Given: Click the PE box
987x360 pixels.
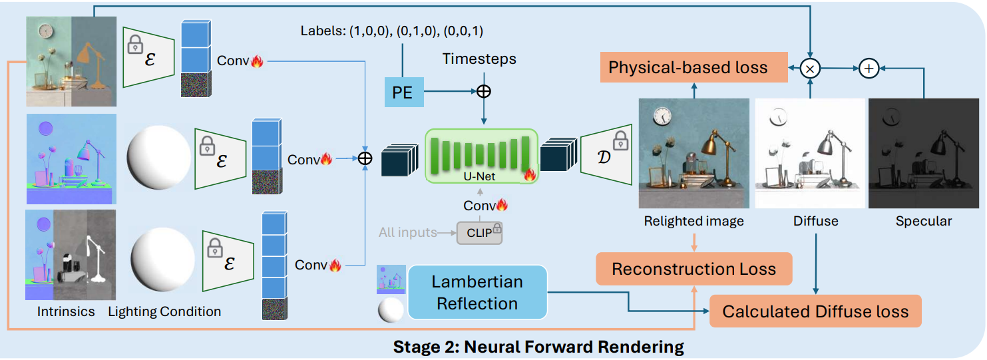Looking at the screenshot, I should coord(403,92).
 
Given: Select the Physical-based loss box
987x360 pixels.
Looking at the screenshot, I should coord(688,67).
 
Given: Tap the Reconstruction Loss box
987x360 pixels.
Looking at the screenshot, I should coord(693,269).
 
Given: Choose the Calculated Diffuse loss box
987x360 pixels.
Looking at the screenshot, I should coord(815,311).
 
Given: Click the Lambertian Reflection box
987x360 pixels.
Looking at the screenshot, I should coord(477,293).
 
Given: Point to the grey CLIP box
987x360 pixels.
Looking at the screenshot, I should coord(479,232).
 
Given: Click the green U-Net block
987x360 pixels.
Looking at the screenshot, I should coord(481,156).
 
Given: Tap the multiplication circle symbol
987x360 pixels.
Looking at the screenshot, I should coord(810,67).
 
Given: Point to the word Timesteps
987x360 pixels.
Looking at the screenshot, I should coord(479,60).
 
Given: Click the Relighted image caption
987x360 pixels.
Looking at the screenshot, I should coord(693,222).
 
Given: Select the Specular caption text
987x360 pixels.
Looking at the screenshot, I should coord(923,222).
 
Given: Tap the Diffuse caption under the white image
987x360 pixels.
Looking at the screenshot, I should coord(816,222).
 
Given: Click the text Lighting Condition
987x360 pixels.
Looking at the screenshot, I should coord(164,311).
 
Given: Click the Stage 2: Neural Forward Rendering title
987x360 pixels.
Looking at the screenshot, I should coord(538,347).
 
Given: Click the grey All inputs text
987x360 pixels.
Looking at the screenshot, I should coord(407,233).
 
